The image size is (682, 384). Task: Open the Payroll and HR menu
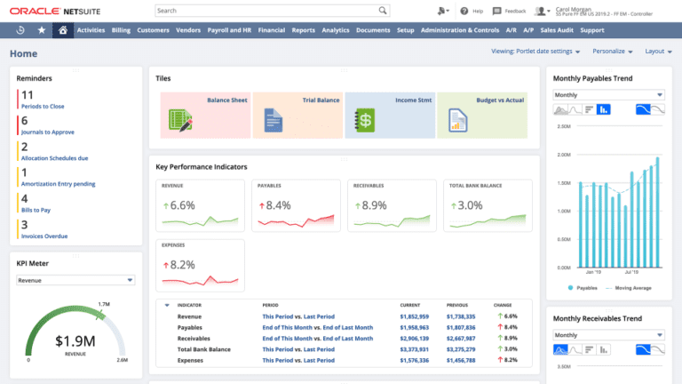tap(229, 29)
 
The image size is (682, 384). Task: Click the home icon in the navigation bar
tap(62, 29)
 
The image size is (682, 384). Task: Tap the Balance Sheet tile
tap(205, 115)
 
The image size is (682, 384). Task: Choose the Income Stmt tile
tap(389, 115)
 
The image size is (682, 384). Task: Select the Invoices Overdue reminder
tap(44, 236)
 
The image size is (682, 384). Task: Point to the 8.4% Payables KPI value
tap(277, 205)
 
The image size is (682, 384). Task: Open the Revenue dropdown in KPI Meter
tap(75, 280)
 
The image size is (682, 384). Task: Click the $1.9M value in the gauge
tap(75, 340)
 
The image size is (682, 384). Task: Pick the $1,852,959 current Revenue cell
tap(415, 316)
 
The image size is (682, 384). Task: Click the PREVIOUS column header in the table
tap(458, 305)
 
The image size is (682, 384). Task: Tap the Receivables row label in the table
tap(194, 339)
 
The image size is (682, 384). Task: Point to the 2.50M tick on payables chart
tap(563, 126)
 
